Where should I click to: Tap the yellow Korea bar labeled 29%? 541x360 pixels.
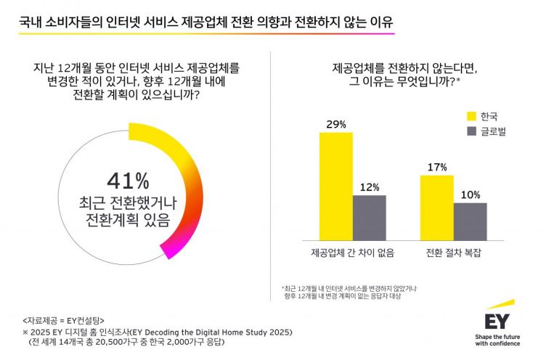336,186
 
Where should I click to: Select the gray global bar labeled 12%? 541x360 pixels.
370,217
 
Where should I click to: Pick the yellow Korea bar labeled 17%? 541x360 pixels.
436,207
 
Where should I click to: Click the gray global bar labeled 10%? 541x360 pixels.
470,221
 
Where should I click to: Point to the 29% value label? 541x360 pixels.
336,124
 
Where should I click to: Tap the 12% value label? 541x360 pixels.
370,187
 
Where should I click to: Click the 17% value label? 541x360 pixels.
436,167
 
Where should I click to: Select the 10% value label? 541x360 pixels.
470,195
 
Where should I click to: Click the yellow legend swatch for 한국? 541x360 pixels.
471,116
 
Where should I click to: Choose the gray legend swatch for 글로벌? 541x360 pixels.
471,131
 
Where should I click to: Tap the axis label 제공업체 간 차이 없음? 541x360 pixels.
352,253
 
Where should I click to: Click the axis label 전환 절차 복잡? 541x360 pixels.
454,253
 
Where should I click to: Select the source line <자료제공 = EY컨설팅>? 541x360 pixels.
64,319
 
